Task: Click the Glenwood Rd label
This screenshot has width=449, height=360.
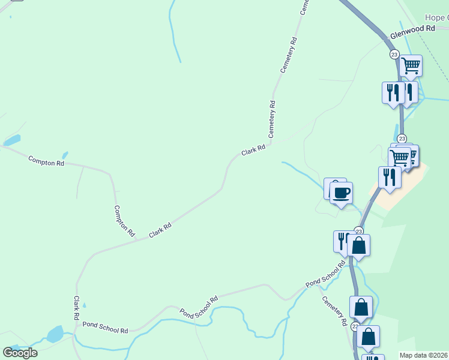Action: click(x=412, y=28)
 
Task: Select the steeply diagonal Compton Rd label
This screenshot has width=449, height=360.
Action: click(x=124, y=221)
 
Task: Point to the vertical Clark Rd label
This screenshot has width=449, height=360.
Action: click(x=77, y=307)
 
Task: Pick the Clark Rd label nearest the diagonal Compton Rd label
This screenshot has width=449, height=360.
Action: click(x=160, y=229)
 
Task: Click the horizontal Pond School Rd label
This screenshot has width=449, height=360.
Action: click(x=106, y=327)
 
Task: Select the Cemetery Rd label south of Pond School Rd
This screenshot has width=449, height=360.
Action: click(x=334, y=310)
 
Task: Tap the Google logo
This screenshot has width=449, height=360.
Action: click(x=20, y=353)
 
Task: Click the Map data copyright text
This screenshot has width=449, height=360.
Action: click(x=424, y=355)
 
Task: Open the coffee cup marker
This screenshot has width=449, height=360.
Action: click(x=341, y=193)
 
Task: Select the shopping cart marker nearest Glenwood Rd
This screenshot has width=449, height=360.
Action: click(x=411, y=66)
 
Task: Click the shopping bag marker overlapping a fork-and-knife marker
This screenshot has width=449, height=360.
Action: click(x=358, y=245)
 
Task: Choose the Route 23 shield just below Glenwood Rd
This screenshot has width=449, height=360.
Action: click(x=394, y=54)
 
